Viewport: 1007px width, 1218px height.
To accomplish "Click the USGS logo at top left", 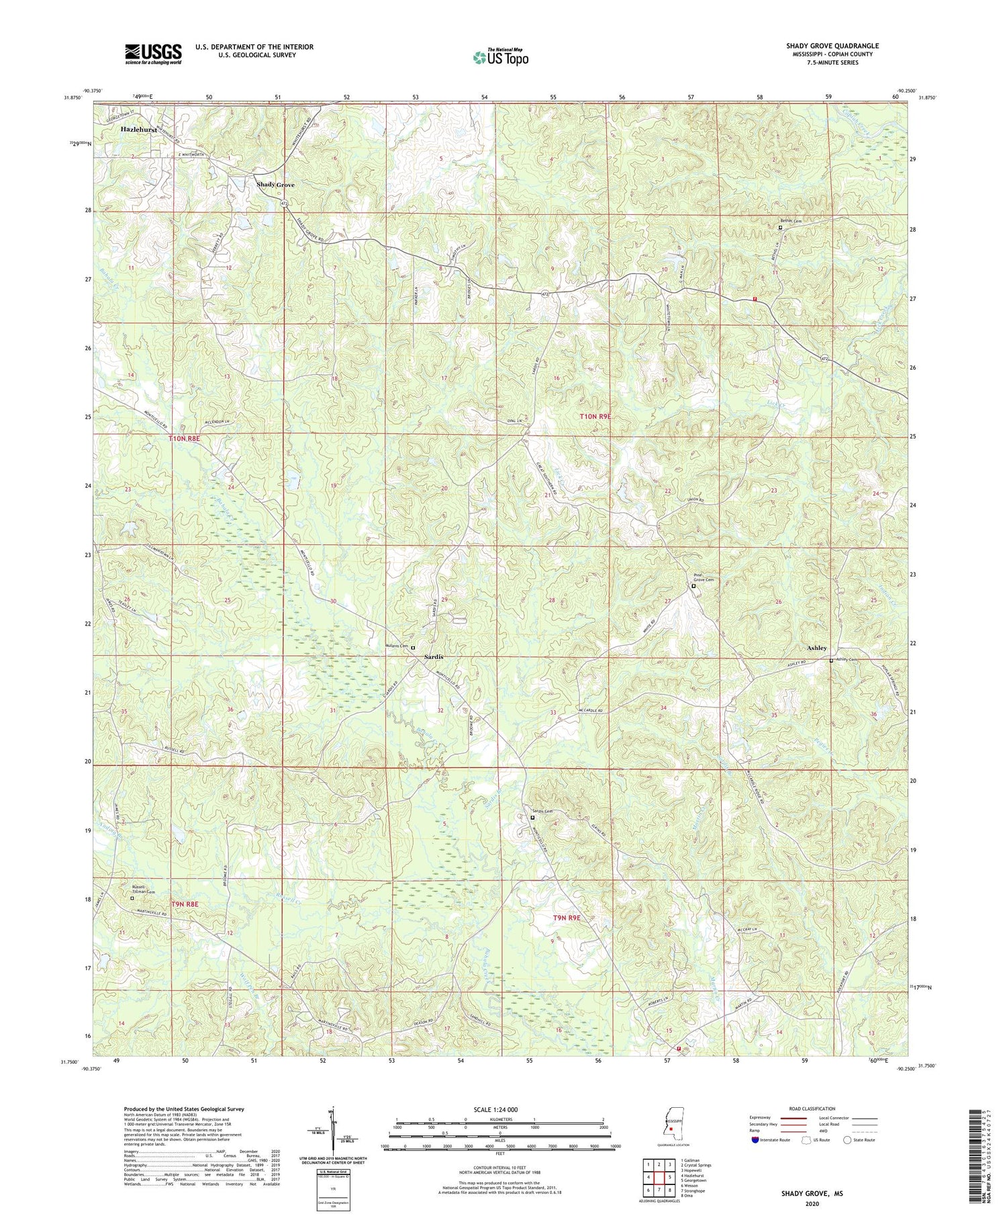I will (153, 54).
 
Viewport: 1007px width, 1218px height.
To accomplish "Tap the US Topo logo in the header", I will (501, 58).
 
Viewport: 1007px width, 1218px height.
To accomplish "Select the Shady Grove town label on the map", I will (275, 185).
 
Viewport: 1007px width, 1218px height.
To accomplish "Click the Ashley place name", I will (816, 648).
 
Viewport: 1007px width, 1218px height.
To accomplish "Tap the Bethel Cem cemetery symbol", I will (780, 228).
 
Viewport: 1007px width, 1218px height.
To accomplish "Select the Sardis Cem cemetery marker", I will (533, 818).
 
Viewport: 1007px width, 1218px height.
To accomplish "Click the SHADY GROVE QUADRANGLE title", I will (832, 46).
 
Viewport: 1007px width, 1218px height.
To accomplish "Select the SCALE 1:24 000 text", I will (499, 1109).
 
